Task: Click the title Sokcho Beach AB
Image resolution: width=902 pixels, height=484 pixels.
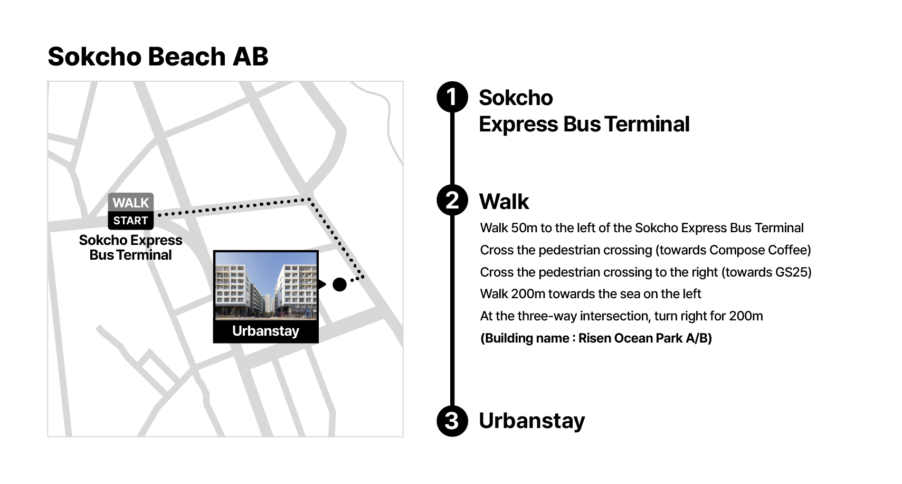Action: coord(158,56)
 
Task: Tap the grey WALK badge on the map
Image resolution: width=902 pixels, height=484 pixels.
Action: coord(130,202)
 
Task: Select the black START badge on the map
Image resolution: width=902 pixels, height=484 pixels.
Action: coord(130,221)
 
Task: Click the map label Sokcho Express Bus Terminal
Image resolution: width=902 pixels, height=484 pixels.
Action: coord(130,248)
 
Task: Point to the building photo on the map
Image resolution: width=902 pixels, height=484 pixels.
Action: coord(266,286)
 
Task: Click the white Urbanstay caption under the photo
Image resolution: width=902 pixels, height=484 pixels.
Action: coord(266,331)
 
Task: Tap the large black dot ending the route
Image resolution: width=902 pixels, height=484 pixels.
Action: coord(339,284)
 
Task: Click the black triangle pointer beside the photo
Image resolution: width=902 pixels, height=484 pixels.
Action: coord(322,284)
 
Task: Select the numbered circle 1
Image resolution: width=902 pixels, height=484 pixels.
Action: coord(452,97)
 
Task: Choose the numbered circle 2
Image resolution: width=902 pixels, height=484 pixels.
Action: coord(452,200)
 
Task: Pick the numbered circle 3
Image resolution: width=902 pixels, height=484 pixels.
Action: coord(452,421)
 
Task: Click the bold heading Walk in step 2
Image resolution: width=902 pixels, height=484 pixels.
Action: coord(504,201)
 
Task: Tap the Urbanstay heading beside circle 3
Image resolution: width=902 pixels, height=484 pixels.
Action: coord(532,421)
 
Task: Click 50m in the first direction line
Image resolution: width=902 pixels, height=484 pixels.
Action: coord(524,228)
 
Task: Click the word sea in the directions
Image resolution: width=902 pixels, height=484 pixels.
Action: coord(630,294)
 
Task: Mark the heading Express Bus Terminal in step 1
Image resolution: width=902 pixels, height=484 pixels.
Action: coord(584,124)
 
